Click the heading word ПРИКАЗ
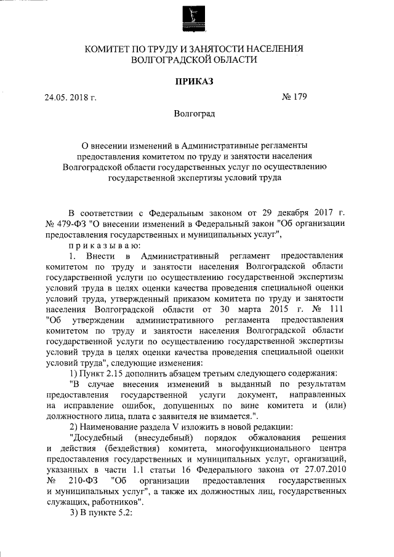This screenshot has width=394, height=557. coord(195,81)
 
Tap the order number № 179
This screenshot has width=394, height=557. coord(293,97)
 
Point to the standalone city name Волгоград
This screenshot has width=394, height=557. coord(195,114)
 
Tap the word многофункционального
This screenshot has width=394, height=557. coord(255,449)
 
